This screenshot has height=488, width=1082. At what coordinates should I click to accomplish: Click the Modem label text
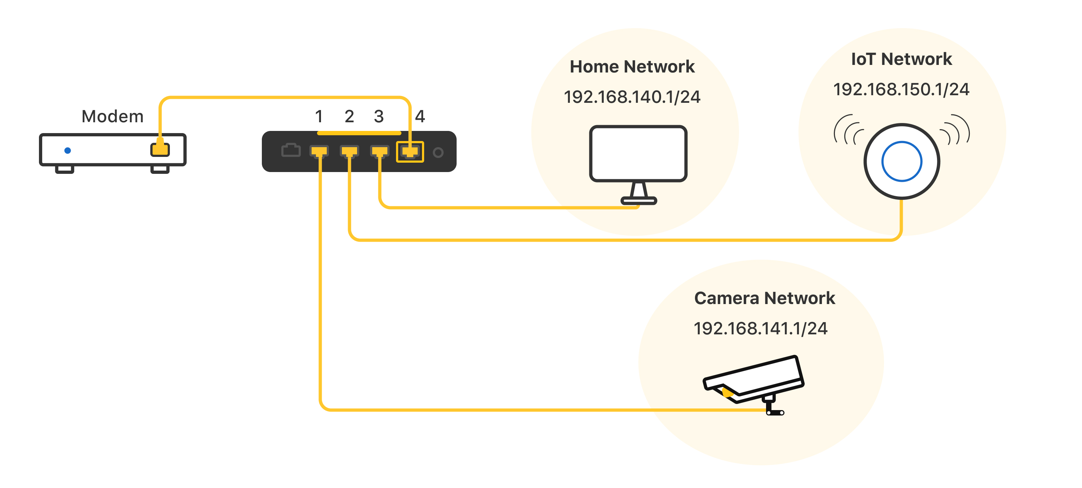tap(113, 116)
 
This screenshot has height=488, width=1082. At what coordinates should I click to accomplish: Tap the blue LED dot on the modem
tap(67, 150)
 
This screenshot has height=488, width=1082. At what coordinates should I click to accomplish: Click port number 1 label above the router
tap(319, 116)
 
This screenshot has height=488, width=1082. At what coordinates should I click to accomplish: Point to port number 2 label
tap(349, 116)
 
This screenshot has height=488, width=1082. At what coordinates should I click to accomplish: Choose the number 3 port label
tap(379, 116)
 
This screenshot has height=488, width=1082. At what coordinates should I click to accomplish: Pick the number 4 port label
tap(420, 116)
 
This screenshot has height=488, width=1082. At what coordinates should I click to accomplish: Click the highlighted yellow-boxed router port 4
tap(410, 151)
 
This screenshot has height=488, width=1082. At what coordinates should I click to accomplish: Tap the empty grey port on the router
tap(291, 150)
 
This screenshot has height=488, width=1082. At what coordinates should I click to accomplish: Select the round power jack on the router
tap(438, 153)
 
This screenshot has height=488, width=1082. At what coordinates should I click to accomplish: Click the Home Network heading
tap(632, 67)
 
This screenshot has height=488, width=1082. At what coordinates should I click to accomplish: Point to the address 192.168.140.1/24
tap(632, 97)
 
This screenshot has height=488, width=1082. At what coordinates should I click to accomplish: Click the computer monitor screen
tap(638, 153)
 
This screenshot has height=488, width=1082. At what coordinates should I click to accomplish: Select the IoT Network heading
tap(901, 59)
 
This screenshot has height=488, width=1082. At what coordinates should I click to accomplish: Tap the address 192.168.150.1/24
tap(901, 89)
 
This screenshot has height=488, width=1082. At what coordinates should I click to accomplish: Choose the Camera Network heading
tap(765, 298)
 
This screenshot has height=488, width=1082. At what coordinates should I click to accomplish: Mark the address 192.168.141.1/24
tap(761, 329)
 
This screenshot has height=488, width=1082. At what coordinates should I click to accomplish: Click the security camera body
tap(754, 379)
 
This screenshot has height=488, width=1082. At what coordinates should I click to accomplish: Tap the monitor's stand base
tap(639, 201)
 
